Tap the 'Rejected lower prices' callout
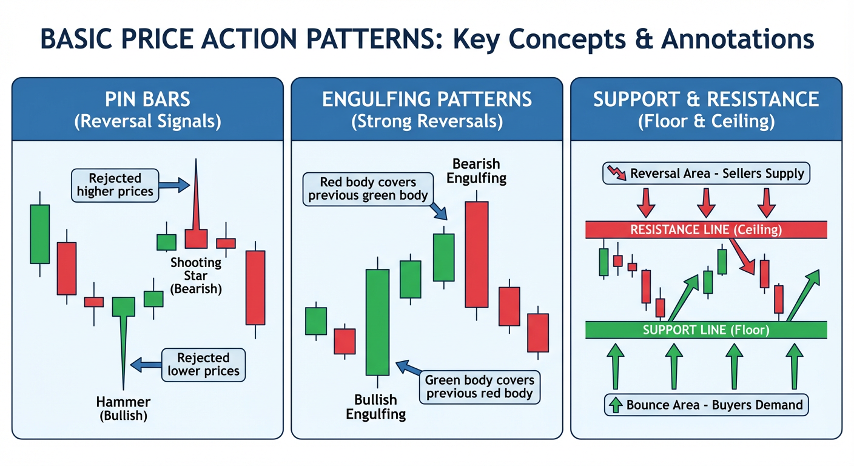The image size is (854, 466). (x=203, y=365)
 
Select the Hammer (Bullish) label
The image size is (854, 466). (x=123, y=408)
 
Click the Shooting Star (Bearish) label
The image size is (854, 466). (x=196, y=275)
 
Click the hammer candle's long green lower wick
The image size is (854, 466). (x=124, y=352)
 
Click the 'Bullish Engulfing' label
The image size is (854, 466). (x=376, y=407)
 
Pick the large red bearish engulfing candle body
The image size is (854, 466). (x=477, y=255)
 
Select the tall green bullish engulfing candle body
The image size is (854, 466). (x=377, y=322)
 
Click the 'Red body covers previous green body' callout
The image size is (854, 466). (x=369, y=189)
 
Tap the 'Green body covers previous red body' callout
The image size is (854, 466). (x=479, y=387)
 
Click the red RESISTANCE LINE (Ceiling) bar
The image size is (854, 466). (x=706, y=230)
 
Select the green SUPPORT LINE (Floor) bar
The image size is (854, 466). (x=706, y=330)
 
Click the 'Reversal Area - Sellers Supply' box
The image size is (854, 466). (x=707, y=174)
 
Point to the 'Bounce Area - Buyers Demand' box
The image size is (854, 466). (x=707, y=405)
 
